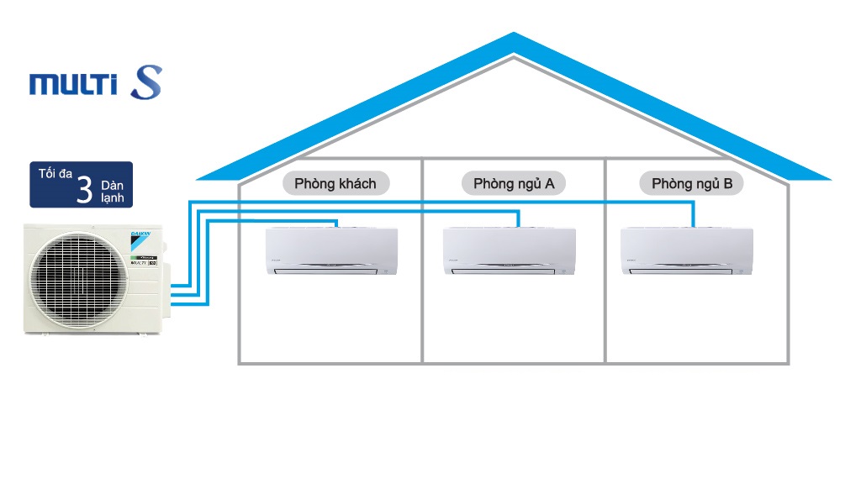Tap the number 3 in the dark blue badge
(84, 189)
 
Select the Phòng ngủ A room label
(513, 183)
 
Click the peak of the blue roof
(514, 38)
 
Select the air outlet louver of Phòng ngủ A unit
(509, 269)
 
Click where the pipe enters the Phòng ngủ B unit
(693, 225)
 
